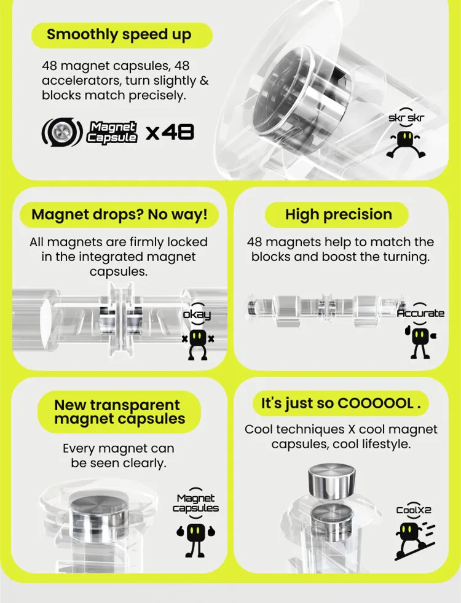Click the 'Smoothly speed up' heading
click(119, 34)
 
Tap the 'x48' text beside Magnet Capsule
click(170, 133)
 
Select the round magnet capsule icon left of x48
click(62, 132)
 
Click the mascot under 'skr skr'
click(406, 144)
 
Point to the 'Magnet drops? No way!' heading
click(119, 214)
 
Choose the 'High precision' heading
click(339, 214)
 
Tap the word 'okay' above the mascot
click(197, 314)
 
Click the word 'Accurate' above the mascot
click(420, 313)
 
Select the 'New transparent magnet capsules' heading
click(120, 411)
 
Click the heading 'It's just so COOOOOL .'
click(341, 403)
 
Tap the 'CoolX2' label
click(414, 510)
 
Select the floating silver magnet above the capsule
click(331, 481)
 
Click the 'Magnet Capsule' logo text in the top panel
click(112, 132)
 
